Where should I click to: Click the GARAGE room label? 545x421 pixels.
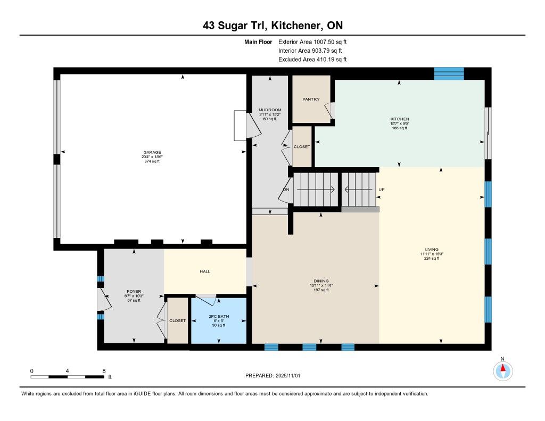152,152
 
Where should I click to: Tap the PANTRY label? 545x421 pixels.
311,99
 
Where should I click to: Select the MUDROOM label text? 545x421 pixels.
270,110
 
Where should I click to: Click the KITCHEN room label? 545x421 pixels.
399,119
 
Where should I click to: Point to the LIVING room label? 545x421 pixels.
432,249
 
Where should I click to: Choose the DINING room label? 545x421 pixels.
321,281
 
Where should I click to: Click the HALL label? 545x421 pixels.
205,271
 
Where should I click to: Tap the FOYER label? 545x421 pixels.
134,291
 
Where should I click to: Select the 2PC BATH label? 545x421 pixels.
219,316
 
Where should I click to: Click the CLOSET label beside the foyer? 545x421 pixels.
177,320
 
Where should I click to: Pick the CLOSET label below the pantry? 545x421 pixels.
302,147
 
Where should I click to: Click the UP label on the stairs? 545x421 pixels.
382,189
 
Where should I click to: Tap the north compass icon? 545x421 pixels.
502,371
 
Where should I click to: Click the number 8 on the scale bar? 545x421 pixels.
104,371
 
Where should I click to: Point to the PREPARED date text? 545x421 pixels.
273,375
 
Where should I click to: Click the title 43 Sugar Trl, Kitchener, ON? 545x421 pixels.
273,26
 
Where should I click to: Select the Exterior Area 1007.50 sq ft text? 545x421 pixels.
312,42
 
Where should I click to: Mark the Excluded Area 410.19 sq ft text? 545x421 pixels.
312,59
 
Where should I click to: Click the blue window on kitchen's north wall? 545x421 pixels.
449,73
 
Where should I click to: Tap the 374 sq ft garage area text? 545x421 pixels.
152,161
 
